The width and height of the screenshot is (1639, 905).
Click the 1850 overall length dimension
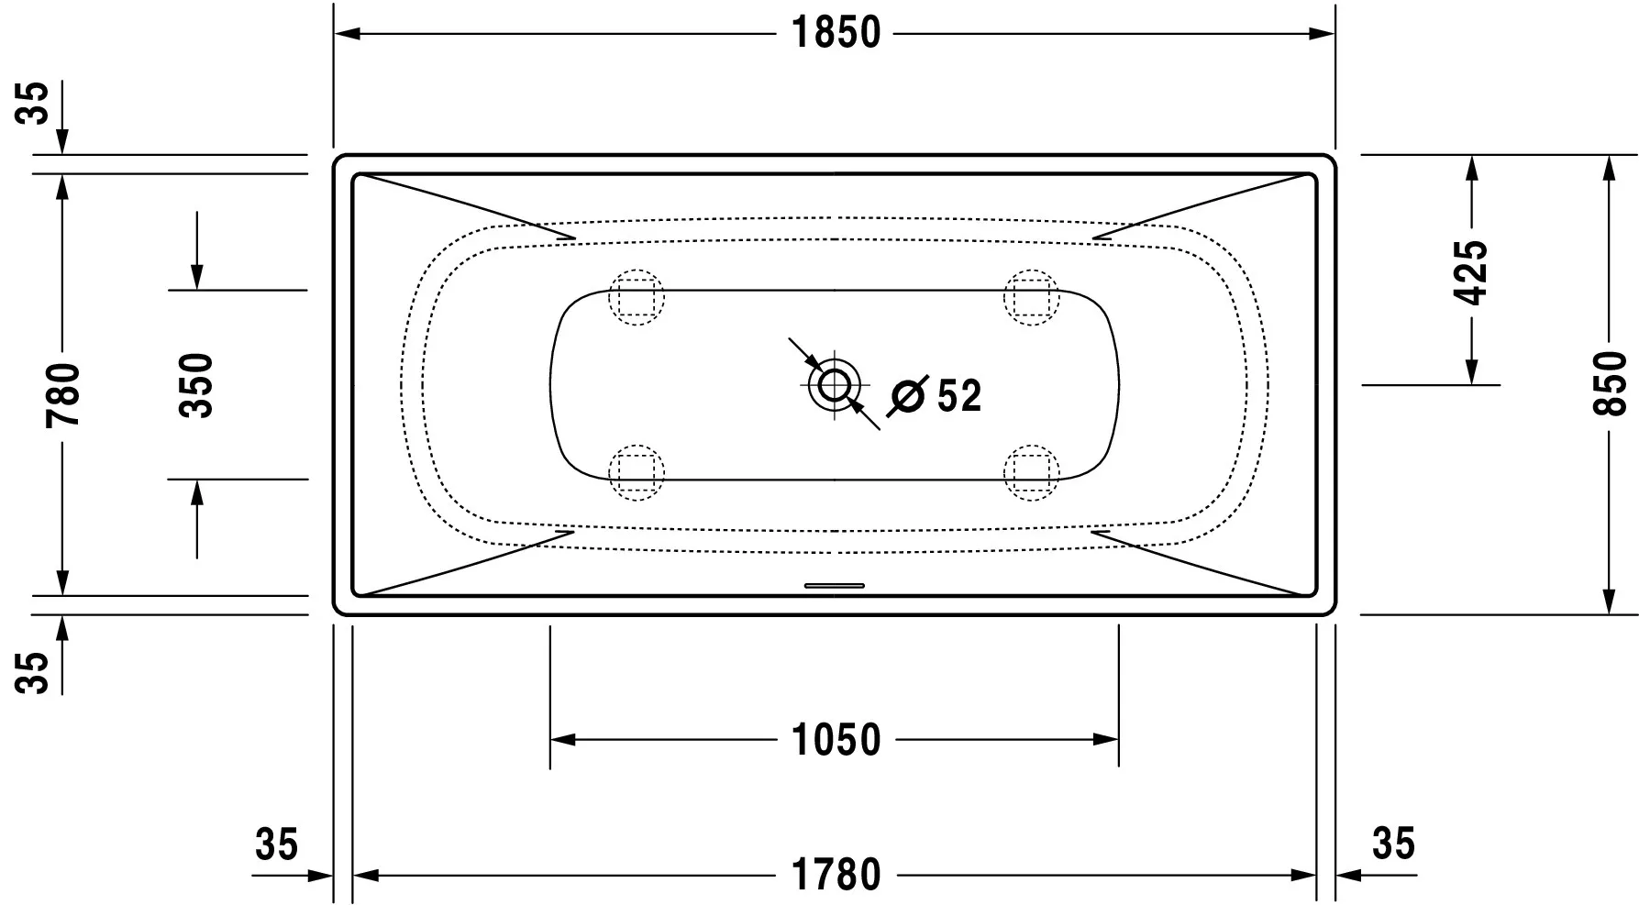(836, 34)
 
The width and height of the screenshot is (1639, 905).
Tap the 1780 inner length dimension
(836, 875)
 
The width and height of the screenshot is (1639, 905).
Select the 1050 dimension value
(836, 740)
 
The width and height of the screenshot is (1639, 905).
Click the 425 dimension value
(1471, 272)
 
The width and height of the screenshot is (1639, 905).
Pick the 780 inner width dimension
(63, 394)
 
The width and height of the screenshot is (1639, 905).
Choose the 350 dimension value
(195, 385)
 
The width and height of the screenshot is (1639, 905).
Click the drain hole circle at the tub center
(835, 384)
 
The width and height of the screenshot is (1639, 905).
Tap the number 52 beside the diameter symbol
(959, 396)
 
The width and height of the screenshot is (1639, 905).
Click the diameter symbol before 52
(909, 396)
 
